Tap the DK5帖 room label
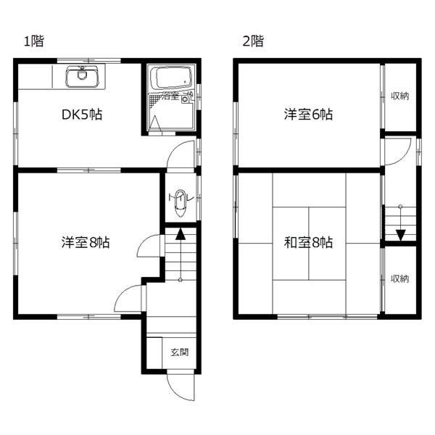(x=80, y=115)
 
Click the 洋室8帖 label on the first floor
(x=85, y=243)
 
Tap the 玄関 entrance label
(x=179, y=353)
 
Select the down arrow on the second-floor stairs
(x=399, y=233)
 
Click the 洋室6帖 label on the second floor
(x=308, y=115)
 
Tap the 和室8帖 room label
(x=308, y=243)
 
